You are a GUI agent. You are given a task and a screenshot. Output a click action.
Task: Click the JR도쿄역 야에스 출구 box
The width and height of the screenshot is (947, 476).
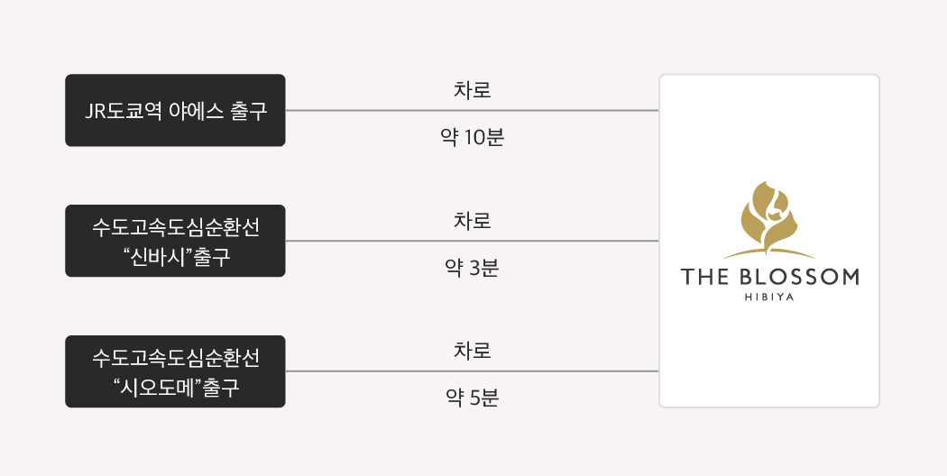175,111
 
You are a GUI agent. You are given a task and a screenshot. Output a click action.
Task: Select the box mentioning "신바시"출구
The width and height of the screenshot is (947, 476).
175,241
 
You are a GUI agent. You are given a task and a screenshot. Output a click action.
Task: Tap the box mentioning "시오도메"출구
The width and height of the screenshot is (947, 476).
175,371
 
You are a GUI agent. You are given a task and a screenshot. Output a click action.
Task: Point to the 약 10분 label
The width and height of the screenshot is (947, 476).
473,138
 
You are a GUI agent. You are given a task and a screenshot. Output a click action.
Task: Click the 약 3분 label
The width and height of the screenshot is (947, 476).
473,269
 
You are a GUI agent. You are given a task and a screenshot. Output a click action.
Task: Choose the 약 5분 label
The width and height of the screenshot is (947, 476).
473,398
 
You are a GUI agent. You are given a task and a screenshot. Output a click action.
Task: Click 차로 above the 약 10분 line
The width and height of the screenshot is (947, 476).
473,90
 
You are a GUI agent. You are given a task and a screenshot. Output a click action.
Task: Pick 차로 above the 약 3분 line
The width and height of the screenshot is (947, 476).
473,221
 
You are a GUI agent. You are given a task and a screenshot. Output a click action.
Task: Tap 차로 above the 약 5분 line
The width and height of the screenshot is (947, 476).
473,351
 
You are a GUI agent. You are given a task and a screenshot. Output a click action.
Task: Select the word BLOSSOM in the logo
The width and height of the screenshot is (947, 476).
798,278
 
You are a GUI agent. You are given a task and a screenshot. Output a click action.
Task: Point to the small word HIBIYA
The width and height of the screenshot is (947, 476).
769,297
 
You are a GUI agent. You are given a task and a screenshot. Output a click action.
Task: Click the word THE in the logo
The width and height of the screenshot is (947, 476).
704,278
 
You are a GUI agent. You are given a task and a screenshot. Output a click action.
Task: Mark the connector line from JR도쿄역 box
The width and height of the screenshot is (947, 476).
473,111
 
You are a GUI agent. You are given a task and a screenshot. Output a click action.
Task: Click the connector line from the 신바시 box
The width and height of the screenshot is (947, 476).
473,241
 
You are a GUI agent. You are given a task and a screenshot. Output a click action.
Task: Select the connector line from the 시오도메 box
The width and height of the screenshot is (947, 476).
473,371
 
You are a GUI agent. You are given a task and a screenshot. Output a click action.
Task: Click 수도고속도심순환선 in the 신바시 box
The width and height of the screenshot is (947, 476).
176,228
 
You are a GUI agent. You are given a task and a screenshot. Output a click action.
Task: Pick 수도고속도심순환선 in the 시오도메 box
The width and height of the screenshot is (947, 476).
176,358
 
